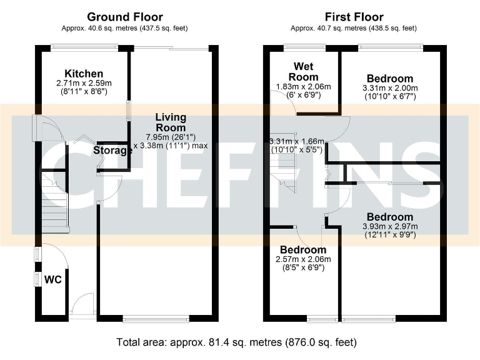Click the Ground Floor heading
124,17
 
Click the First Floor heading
354,17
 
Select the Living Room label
171,122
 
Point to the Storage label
113,151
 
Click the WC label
52,279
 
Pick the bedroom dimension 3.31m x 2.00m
389,88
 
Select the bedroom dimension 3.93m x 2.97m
389,226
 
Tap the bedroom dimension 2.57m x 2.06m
303,259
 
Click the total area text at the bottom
236,342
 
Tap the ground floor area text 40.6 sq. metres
124,28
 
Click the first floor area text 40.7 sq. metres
354,28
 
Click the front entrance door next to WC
80,307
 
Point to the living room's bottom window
156,319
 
